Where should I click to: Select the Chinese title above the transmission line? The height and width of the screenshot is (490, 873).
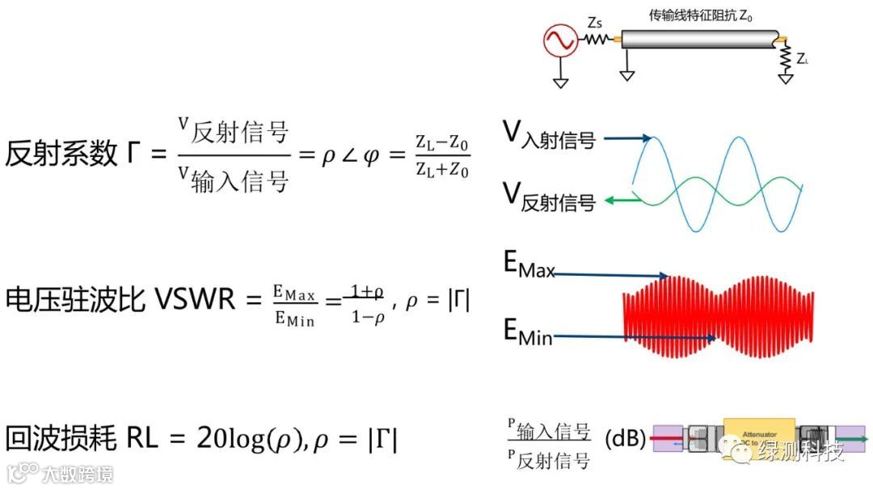(701, 15)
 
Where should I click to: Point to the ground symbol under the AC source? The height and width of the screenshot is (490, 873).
(558, 82)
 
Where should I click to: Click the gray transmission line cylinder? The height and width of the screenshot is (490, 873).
(700, 40)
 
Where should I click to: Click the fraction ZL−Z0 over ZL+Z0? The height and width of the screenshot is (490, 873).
(442, 156)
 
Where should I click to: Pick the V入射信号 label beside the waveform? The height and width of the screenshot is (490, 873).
(549, 135)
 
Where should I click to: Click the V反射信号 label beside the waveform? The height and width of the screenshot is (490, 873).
(549, 196)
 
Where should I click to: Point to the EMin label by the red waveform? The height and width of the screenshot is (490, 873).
(528, 332)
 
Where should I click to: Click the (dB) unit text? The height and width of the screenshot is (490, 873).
(625, 439)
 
